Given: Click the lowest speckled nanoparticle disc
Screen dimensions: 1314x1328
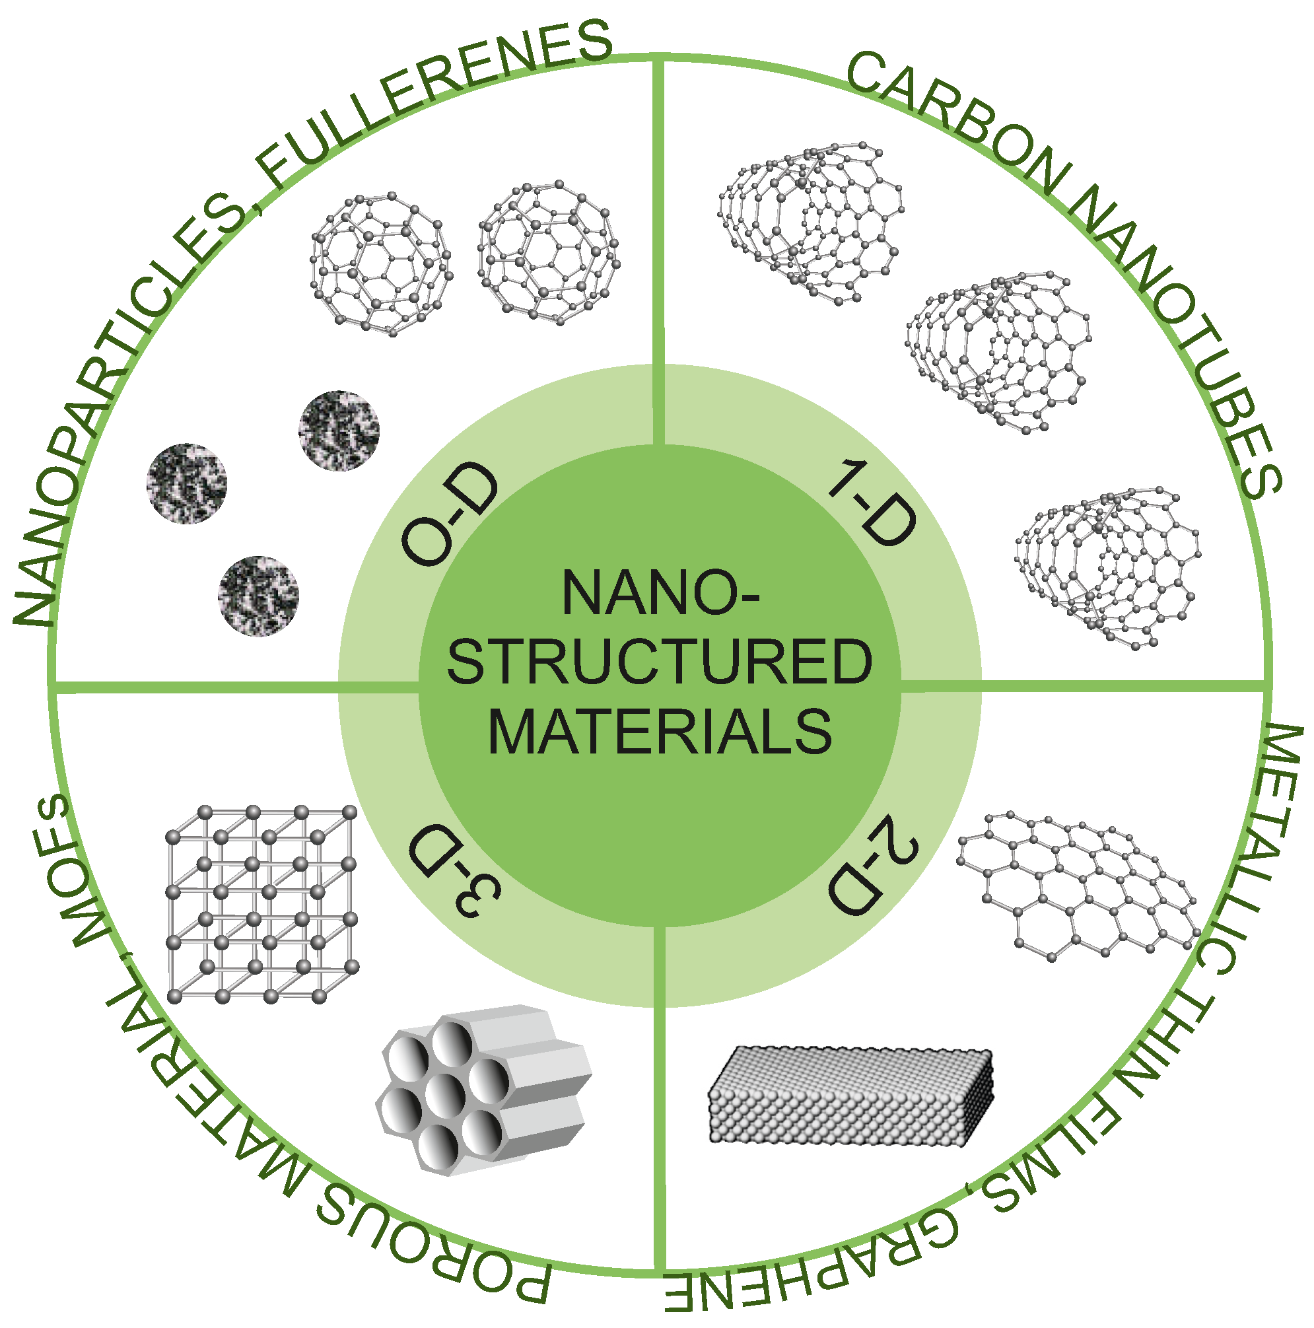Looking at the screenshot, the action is pyautogui.click(x=258, y=596).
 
